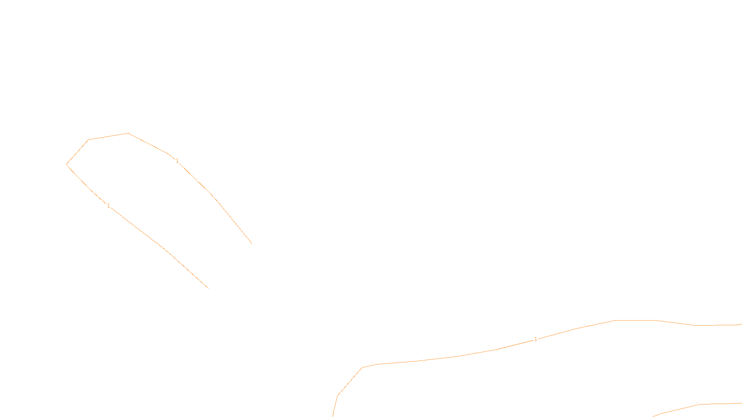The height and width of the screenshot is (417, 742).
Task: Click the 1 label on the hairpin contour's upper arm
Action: coord(177,161)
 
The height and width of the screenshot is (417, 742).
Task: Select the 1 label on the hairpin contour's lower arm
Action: coord(109,206)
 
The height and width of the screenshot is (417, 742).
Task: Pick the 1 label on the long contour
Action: coord(536,339)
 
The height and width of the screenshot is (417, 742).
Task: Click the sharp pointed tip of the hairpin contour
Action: coord(67,164)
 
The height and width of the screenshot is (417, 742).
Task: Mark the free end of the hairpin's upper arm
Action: coord(252,244)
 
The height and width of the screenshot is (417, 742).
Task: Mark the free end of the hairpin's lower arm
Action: coord(208,288)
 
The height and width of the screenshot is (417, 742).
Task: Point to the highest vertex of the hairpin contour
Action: coord(128,133)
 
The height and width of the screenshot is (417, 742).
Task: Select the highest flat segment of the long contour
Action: coord(635,320)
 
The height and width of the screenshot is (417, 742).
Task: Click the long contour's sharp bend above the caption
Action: coord(362,368)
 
